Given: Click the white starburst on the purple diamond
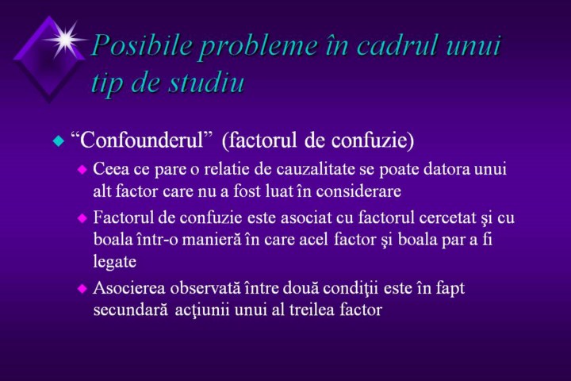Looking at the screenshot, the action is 66,40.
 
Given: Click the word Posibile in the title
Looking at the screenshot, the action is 142,46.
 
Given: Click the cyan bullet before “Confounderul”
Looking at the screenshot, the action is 58,140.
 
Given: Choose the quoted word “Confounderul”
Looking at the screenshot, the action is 142,139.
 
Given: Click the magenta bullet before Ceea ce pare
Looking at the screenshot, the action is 82,170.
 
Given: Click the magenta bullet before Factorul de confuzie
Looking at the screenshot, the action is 82,218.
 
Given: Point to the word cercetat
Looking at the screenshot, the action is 448,217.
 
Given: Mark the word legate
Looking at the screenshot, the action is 115,262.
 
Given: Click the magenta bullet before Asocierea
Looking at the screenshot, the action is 82,289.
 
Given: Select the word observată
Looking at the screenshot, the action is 205,288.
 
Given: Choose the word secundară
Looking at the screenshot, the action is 131,310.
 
